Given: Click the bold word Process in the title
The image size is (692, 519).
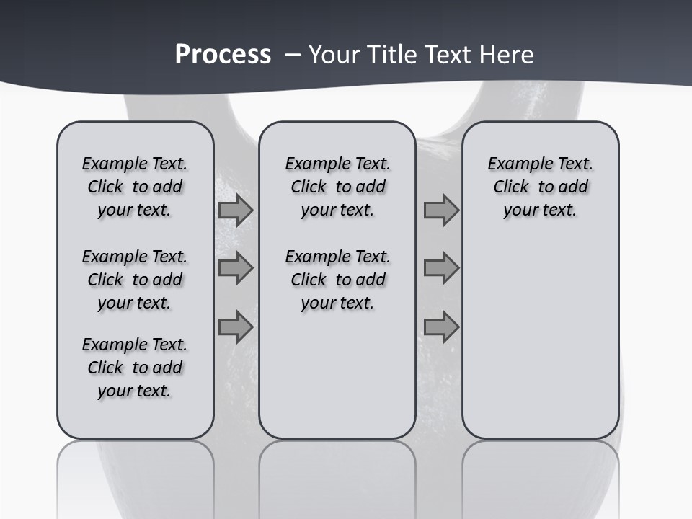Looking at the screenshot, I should pos(223,54).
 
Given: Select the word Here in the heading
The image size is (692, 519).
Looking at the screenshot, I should pos(507,54).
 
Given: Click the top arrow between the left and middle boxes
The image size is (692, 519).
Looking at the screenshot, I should pos(236,210).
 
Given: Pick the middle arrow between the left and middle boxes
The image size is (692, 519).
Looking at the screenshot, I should pos(236,269).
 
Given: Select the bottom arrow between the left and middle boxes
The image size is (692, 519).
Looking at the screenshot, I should pos(236,327).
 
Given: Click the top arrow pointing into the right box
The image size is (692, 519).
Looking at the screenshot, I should pos(441,210).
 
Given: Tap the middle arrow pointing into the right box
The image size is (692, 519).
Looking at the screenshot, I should pos(441,269).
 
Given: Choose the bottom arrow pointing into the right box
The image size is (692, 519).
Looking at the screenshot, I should pos(441,327).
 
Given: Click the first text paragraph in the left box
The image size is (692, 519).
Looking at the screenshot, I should pos(135,187).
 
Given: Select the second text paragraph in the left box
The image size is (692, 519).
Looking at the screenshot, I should pos(135,280).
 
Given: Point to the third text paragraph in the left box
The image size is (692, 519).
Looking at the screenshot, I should pos(135,368).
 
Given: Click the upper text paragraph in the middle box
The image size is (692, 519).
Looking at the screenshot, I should pos(337,187).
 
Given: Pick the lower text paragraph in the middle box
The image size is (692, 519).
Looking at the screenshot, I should pos(337,280).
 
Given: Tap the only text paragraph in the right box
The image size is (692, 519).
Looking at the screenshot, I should pos(540,187).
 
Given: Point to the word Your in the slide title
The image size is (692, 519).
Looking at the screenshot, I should pos(335,54).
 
